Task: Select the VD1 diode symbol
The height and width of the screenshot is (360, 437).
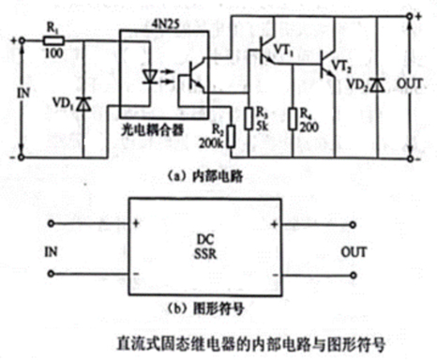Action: [84, 101]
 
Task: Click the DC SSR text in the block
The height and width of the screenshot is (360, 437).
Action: [206, 246]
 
